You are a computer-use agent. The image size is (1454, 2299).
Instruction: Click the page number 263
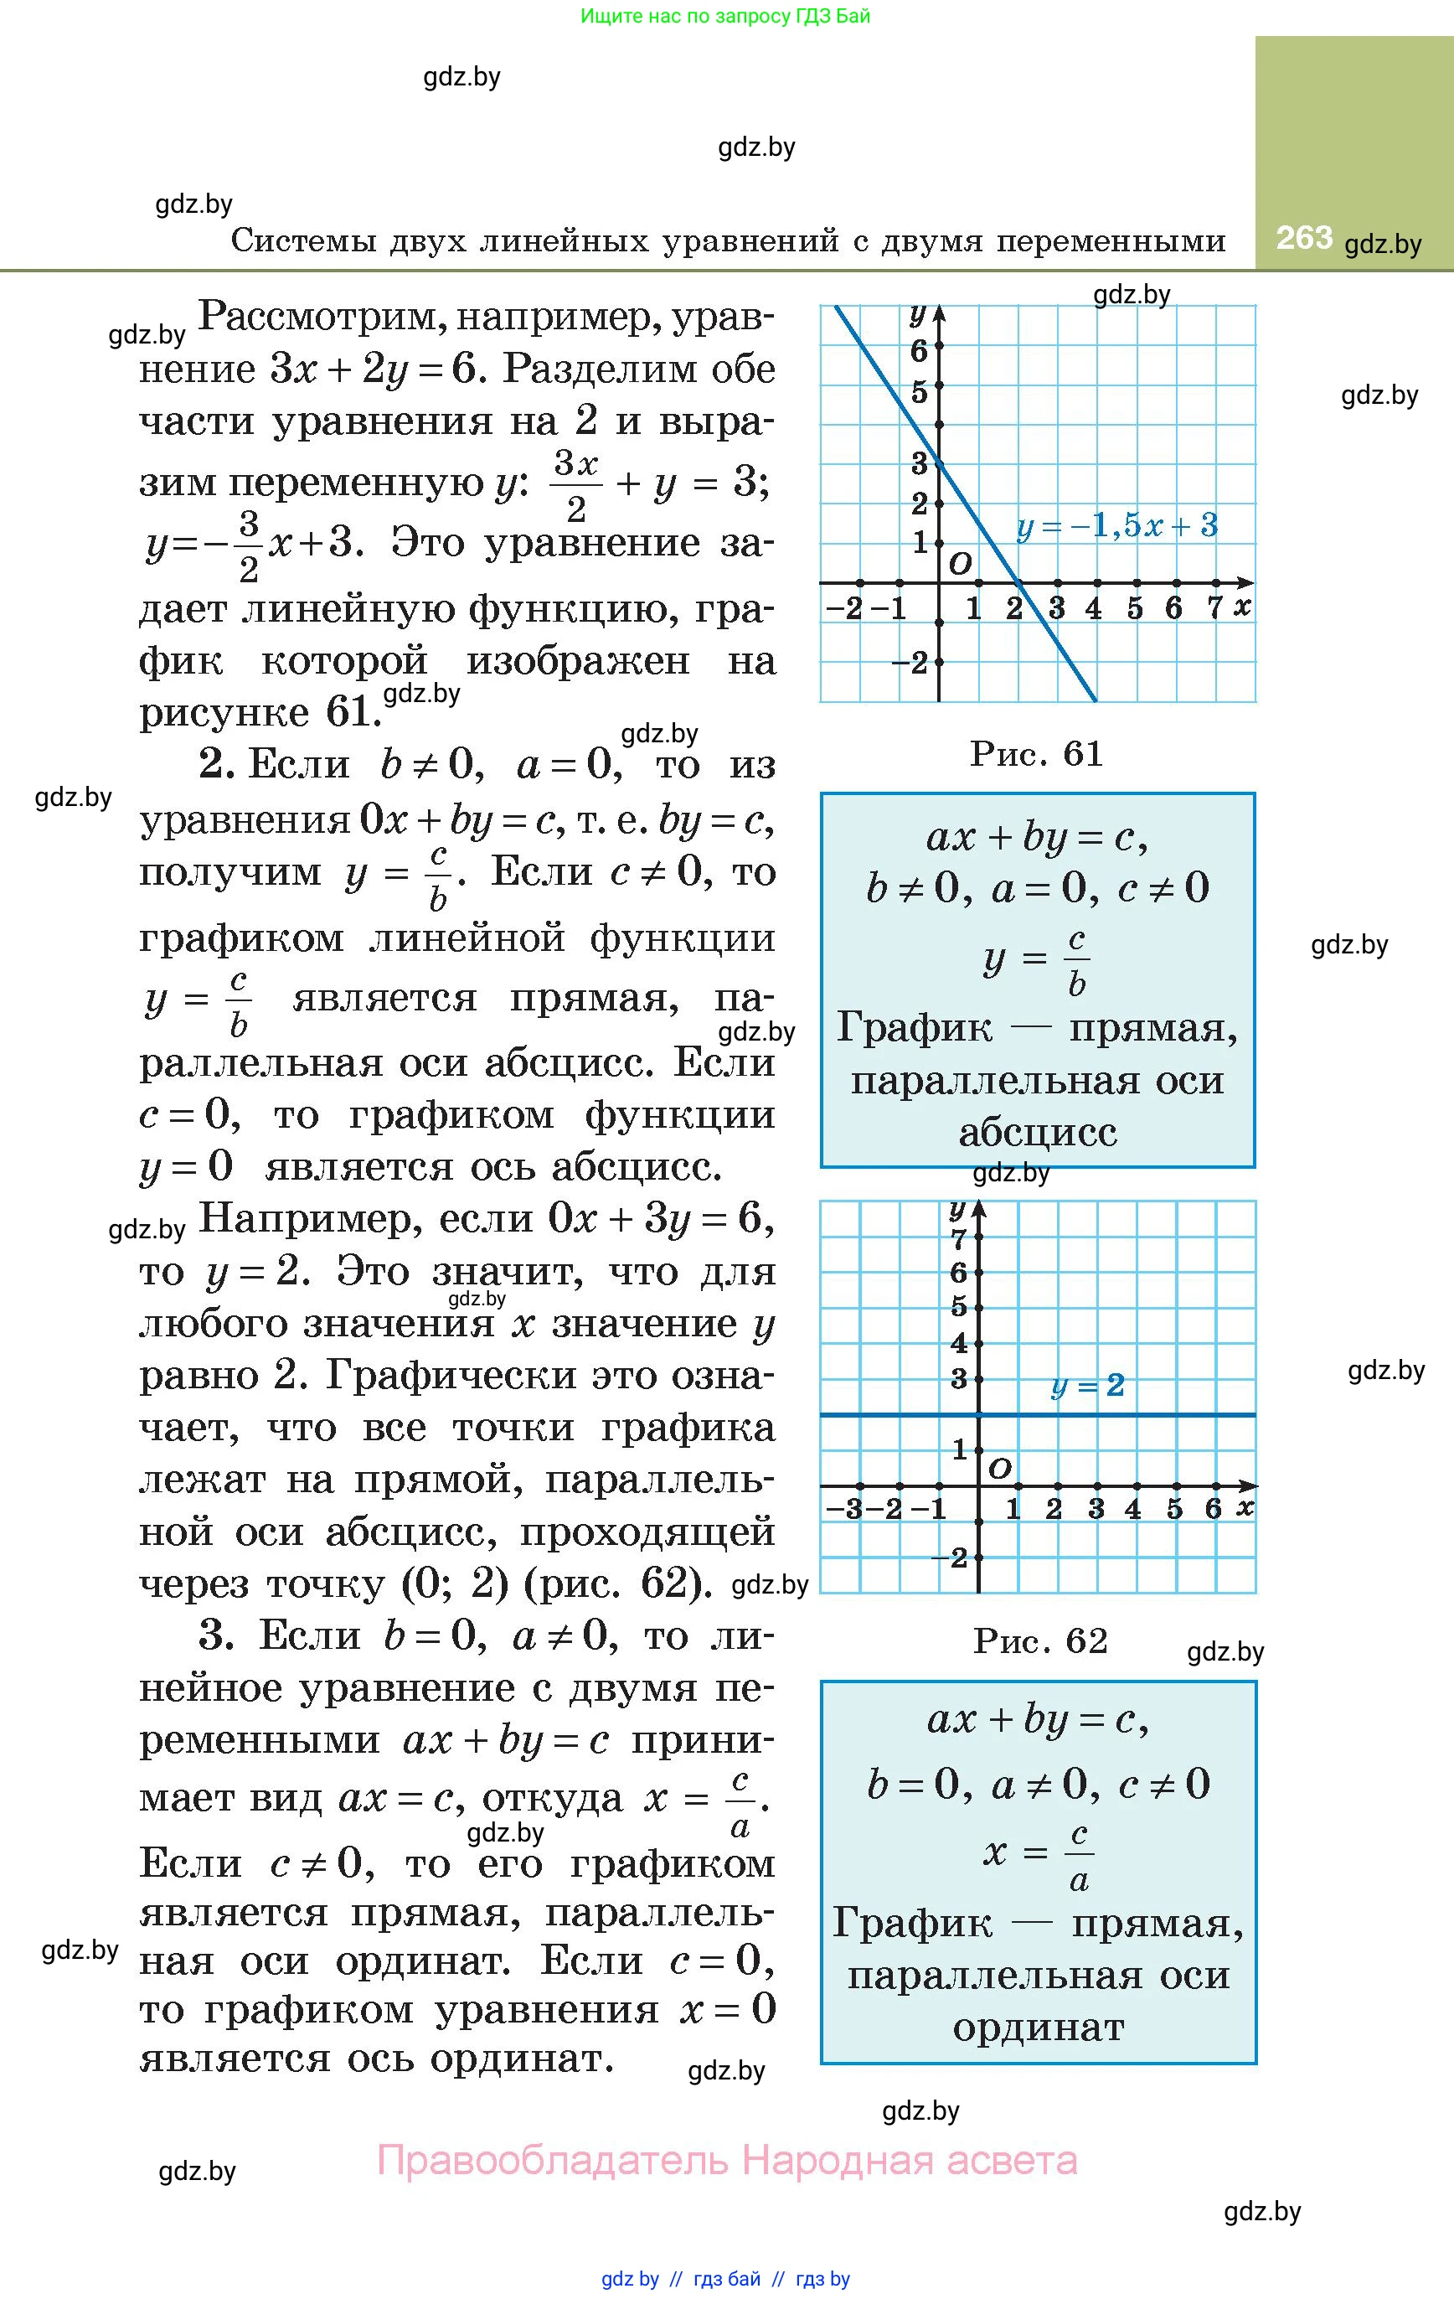1303,237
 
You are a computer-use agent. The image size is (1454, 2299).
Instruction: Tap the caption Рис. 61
1037,754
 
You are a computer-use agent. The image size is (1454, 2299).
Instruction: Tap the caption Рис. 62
1040,1640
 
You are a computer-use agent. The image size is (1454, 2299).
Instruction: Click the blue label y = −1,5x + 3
1117,525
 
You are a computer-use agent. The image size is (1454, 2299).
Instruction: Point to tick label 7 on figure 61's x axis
1214,607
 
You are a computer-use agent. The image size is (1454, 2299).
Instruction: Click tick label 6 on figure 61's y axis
920,351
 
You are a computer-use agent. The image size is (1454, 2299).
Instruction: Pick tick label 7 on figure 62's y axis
958,1240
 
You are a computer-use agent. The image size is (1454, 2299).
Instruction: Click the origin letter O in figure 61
960,563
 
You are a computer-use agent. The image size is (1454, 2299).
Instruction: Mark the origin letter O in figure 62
999,1467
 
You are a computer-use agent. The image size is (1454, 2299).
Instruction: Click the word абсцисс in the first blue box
1038,1132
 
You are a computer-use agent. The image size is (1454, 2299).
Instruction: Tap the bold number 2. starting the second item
217,764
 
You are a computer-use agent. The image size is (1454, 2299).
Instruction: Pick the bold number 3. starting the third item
217,1635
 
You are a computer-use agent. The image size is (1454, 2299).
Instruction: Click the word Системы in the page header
302,240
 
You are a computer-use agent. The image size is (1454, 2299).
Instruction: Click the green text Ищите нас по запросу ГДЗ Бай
725,15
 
